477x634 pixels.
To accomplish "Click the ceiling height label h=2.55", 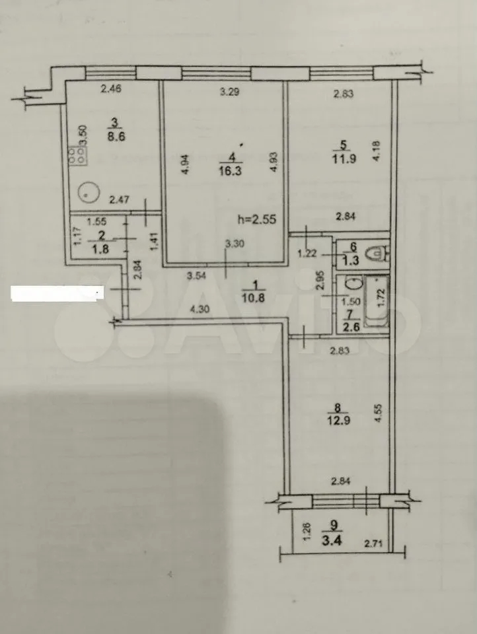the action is (257, 219).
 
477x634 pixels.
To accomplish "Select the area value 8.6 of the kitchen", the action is (116, 136).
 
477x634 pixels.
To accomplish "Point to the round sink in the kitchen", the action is (89, 193).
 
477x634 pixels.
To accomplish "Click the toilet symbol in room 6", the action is (377, 254).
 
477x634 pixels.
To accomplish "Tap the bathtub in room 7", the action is (377, 301).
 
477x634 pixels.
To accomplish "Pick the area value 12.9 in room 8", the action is (339, 421).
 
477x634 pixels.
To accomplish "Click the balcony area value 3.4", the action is (332, 541).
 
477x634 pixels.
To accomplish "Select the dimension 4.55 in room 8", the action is (379, 413).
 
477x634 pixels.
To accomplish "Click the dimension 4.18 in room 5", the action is (377, 151).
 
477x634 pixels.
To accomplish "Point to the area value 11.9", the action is (345, 158).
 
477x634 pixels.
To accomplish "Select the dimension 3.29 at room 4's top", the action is (230, 92).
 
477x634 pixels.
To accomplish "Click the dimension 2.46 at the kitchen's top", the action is (110, 88).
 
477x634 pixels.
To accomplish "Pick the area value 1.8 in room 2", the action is (100, 248).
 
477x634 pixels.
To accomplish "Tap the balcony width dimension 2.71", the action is (373, 544).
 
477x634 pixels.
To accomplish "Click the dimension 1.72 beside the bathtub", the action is (380, 297).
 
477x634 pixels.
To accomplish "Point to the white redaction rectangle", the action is (57, 293).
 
